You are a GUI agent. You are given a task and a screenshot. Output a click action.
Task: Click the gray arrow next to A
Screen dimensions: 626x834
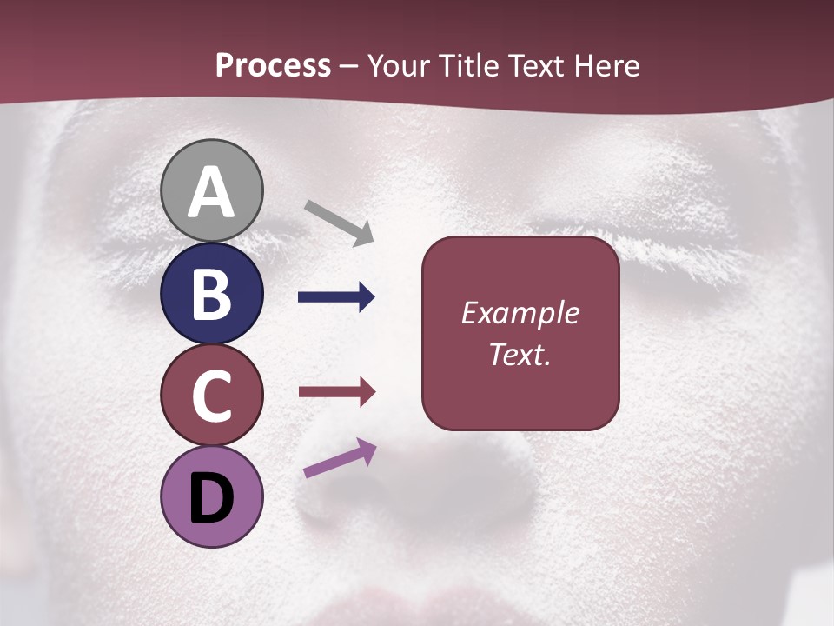coord(340,222)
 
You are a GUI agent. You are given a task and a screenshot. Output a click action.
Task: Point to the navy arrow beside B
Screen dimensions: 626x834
coord(336,297)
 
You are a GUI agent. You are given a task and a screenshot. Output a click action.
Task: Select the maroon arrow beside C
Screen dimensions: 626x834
coord(336,392)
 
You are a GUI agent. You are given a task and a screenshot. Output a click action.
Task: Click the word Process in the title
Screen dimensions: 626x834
coord(273,66)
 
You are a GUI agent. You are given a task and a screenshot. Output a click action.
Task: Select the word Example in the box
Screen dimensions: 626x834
coord(520,313)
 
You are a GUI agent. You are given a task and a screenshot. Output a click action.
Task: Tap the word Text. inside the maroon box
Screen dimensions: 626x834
coord(520,354)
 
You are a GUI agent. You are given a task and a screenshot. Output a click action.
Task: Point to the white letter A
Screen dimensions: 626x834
coord(212,193)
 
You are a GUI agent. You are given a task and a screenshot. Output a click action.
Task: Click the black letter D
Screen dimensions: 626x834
coord(212,498)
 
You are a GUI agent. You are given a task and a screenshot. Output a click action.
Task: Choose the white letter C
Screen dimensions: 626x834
coord(212,396)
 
